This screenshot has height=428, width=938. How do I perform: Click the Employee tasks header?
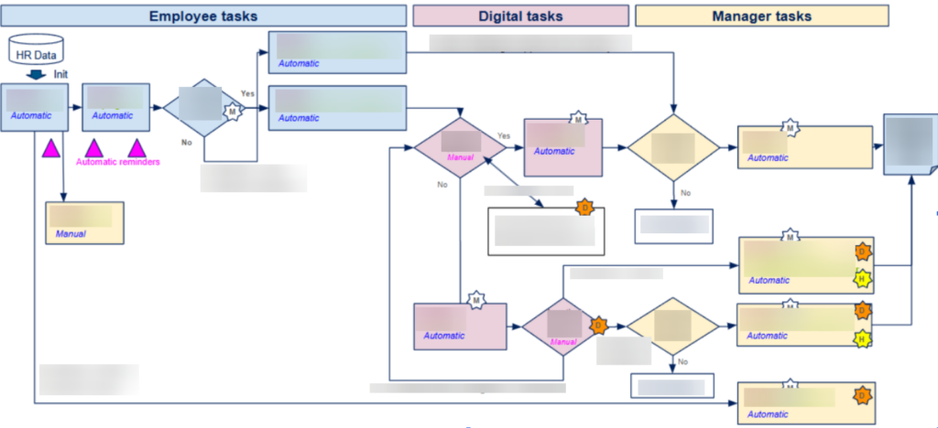[x=202, y=16]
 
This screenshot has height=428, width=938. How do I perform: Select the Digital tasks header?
[x=520, y=16]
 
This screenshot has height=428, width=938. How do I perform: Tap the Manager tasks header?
[x=761, y=16]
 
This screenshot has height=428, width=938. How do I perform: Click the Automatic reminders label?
[x=117, y=162]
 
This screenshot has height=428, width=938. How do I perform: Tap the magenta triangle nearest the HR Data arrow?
[x=51, y=147]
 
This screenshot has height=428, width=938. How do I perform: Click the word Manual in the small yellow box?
[x=71, y=234]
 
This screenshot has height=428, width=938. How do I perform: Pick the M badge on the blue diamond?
[x=233, y=112]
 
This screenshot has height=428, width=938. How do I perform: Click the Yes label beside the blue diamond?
[x=247, y=93]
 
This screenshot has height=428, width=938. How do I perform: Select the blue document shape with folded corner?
[x=908, y=144]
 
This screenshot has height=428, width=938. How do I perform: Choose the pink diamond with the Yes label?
[x=459, y=146]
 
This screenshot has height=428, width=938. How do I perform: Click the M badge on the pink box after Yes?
[x=577, y=119]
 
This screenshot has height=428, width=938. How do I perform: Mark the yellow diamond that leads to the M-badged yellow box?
[x=673, y=146]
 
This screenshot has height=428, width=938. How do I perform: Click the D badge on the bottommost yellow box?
[x=862, y=396]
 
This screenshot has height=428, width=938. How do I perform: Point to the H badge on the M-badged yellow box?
[x=862, y=280]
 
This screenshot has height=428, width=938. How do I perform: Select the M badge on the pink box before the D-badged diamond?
[x=474, y=299]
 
